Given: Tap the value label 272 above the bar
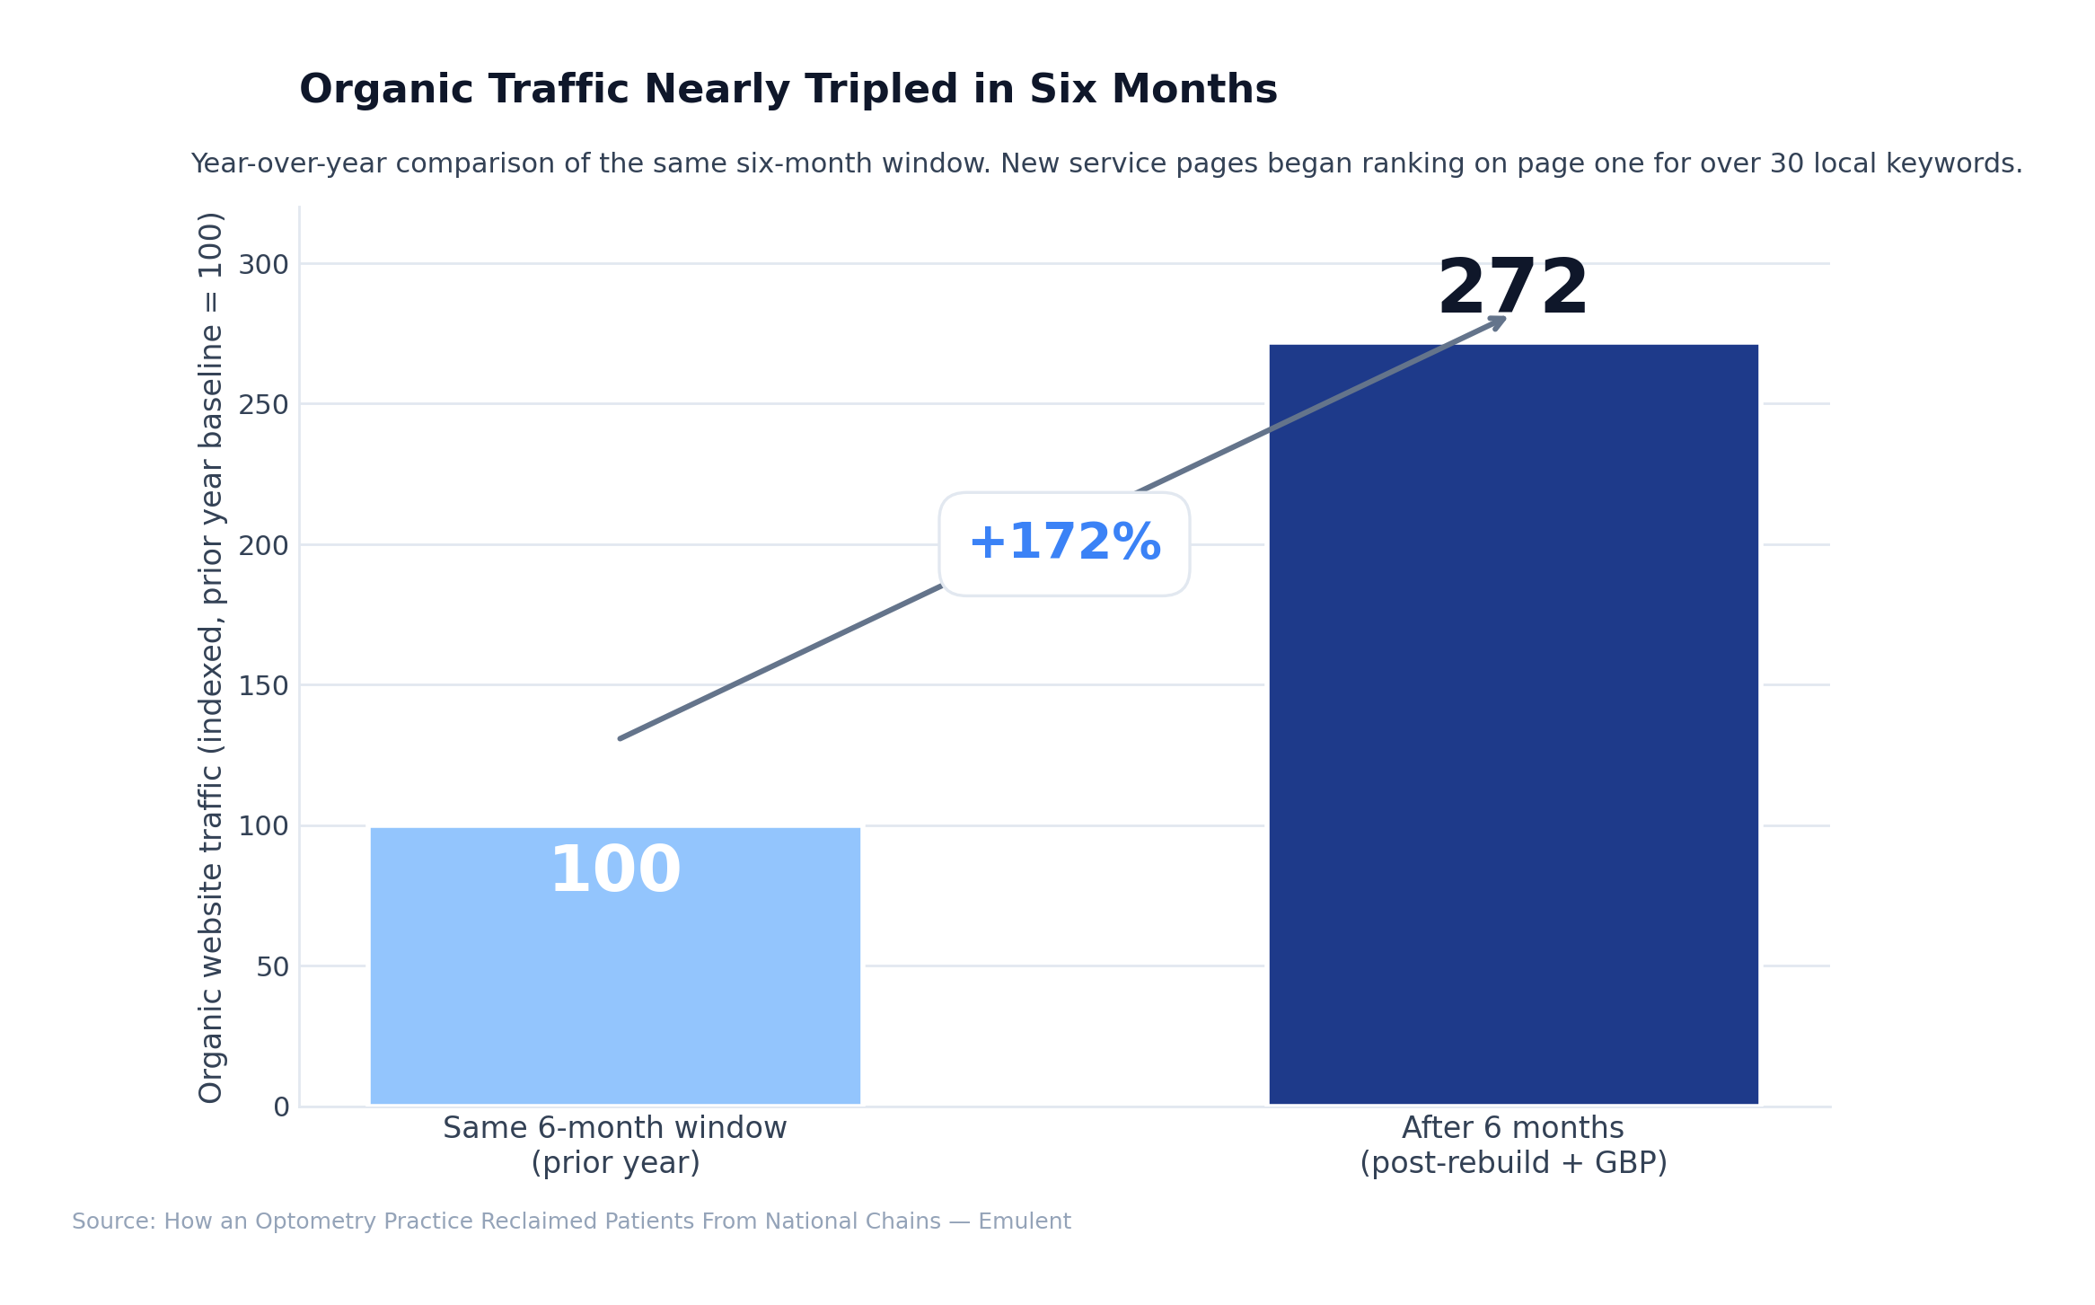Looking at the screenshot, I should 1513,288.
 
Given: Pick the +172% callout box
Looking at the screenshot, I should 1064,544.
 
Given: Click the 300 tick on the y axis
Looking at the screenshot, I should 263,265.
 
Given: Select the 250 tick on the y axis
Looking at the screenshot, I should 263,405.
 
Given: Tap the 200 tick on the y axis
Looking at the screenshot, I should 263,546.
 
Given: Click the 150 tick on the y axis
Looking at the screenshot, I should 263,686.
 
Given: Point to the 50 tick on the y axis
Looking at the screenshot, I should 272,967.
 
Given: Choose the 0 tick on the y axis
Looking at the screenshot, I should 281,1107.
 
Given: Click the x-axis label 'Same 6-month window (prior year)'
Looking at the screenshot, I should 615,1145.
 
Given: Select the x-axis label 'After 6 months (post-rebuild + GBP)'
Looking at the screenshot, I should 1513,1145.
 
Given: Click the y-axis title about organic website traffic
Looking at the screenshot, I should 211,657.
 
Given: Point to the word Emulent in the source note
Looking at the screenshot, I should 1024,1221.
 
